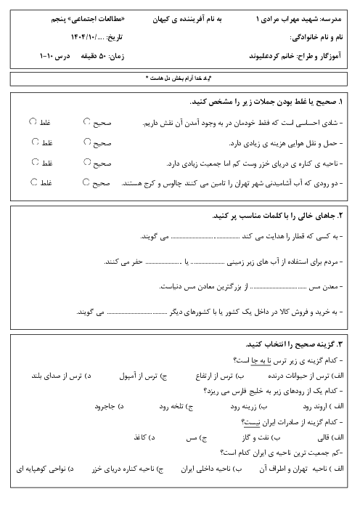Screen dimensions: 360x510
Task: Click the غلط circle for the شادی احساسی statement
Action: (34, 121)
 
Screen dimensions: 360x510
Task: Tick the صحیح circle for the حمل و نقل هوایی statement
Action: (86, 143)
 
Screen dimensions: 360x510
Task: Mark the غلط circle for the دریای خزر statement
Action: (34, 163)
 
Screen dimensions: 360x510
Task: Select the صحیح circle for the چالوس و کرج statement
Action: (86, 183)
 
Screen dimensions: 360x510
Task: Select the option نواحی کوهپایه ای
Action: (43, 469)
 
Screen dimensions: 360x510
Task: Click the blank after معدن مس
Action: (276, 288)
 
